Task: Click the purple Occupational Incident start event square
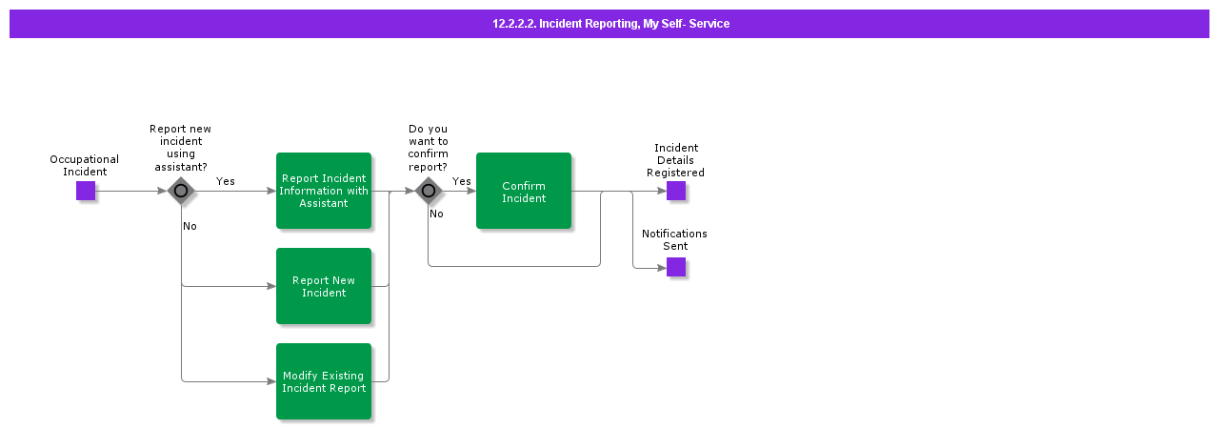pos(86,191)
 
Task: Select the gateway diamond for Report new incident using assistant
pos(181,191)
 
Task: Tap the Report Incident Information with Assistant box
pos(324,191)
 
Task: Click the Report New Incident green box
pos(324,286)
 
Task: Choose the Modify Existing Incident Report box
pos(324,381)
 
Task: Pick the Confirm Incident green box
pos(524,191)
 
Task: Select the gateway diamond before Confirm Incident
pos(429,191)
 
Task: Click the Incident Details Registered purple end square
pos(676,191)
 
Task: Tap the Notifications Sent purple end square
pos(676,267)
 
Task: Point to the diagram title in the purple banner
pos(610,24)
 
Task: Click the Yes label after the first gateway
pos(226,181)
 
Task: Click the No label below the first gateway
pos(190,226)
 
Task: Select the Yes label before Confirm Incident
pos(462,181)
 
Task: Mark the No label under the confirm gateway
pos(436,214)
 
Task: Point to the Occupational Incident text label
pos(85,166)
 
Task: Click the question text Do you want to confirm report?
pos(428,148)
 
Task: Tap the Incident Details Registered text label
pos(675,160)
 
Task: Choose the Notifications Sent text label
pos(674,239)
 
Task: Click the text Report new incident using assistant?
pos(181,148)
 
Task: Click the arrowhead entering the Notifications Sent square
pos(662,268)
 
